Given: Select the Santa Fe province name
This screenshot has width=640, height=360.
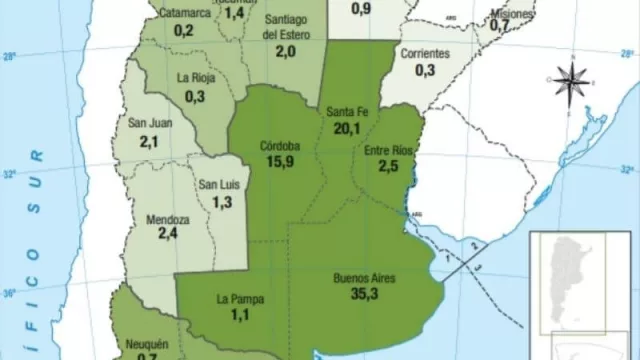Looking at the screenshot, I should tap(346, 111).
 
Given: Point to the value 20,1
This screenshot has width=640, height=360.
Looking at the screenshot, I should tap(346, 127).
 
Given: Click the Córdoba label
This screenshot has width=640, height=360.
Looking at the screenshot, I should tap(276, 144).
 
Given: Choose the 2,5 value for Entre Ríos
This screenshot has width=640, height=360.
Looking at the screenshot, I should tap(389, 166).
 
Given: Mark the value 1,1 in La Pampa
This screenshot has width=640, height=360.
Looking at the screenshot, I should tap(238, 315).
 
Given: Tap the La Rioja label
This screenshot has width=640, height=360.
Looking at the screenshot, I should tap(195, 78).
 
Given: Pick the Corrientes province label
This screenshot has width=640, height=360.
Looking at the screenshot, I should tap(424, 54).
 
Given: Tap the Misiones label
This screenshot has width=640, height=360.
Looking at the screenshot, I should tap(513, 14).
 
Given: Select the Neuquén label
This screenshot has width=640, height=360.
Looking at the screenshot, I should tap(148, 345).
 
